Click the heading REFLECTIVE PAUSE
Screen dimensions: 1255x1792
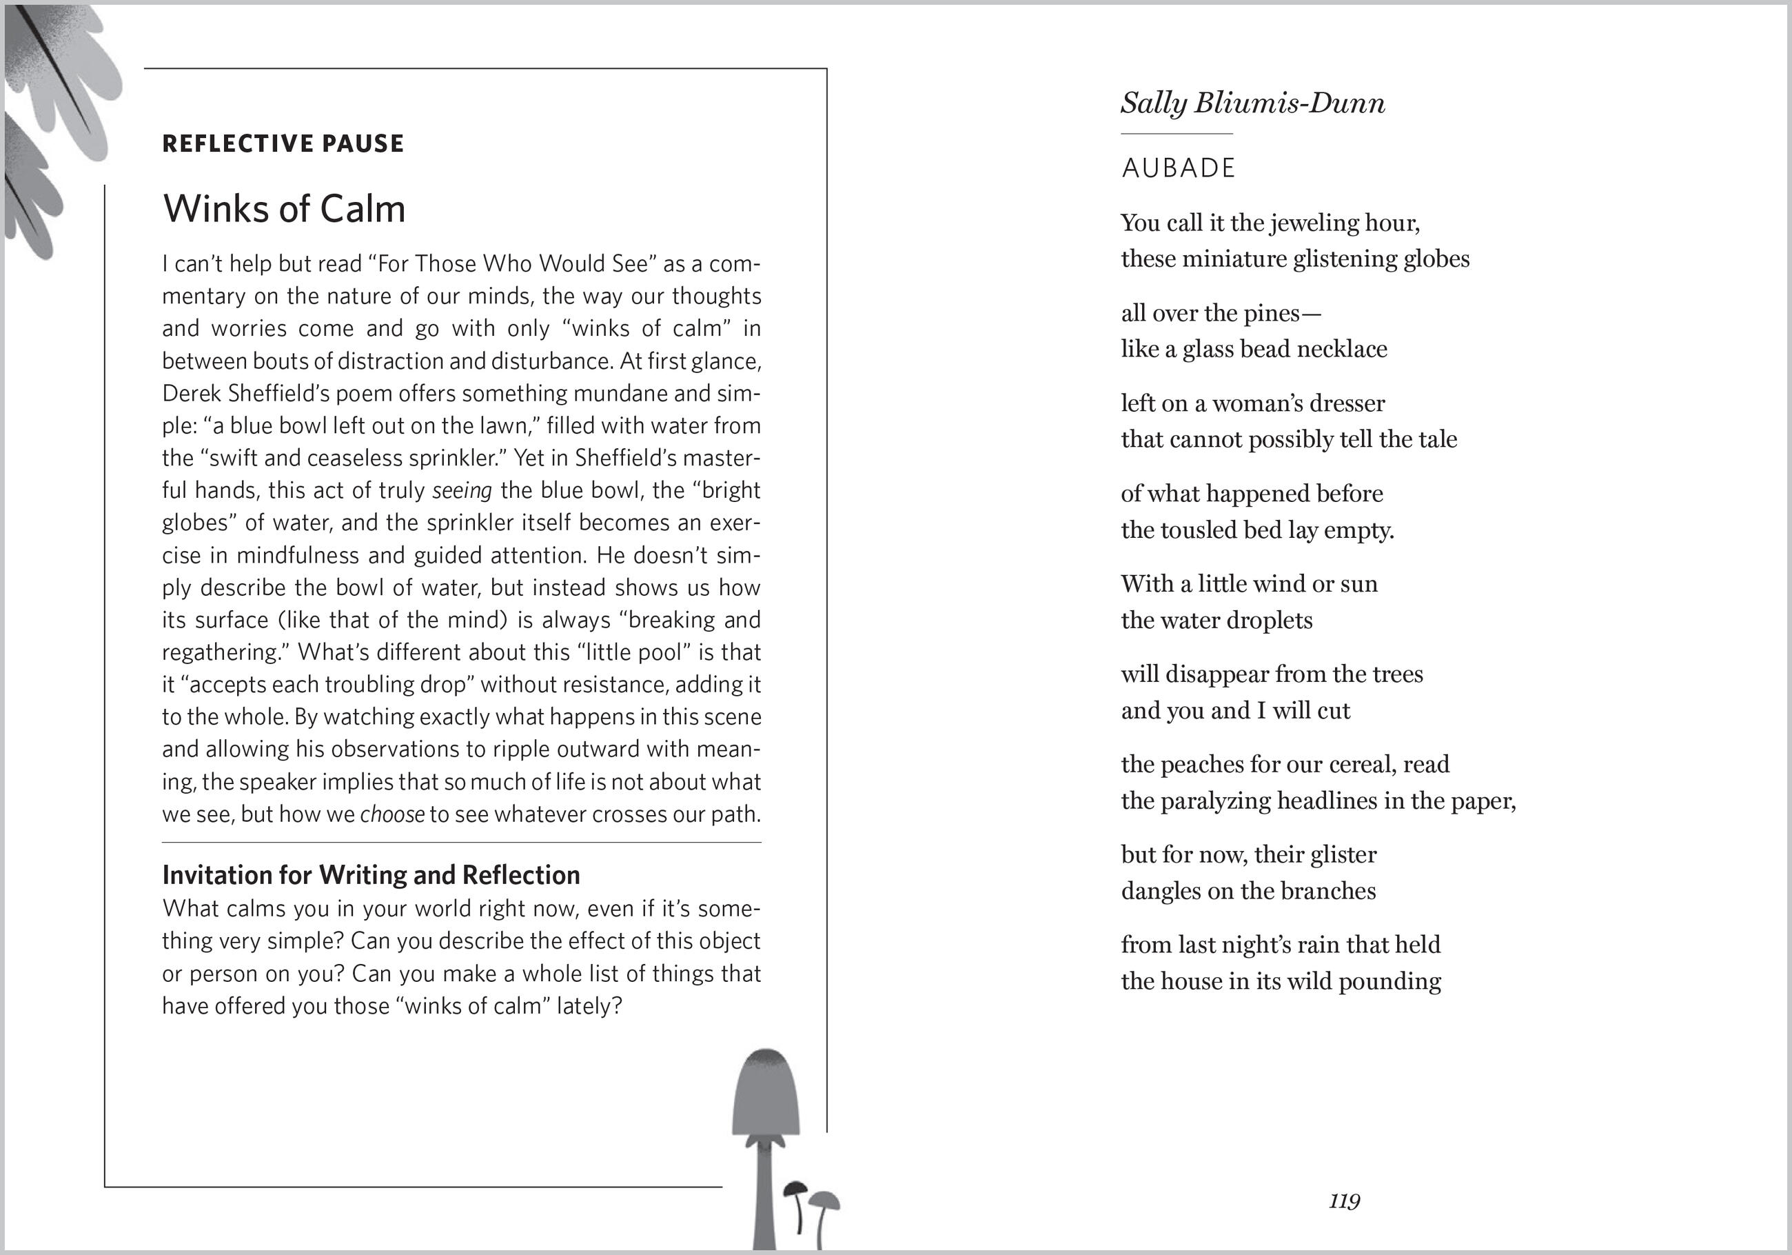pyautogui.click(x=283, y=143)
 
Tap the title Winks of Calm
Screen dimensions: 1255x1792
pyautogui.click(x=284, y=208)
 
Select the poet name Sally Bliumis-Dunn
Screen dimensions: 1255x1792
pyautogui.click(x=1253, y=103)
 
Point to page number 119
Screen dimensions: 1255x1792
pyautogui.click(x=1344, y=1201)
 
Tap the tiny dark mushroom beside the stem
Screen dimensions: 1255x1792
pyautogui.click(x=795, y=1189)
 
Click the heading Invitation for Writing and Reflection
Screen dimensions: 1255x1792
pyautogui.click(x=371, y=874)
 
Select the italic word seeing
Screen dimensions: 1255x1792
pyautogui.click(x=462, y=490)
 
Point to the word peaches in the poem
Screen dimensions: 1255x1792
pyautogui.click(x=1202, y=765)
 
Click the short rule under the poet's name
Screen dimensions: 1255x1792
pyautogui.click(x=1177, y=134)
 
